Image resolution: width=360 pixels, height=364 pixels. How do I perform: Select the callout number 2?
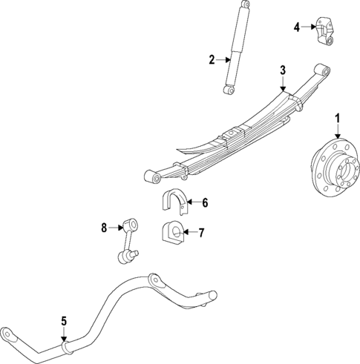(x=212, y=60)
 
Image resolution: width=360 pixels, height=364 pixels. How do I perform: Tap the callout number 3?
(x=282, y=70)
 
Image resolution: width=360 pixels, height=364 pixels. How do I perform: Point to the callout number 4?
(x=296, y=27)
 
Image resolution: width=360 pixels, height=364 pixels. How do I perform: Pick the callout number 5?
(x=64, y=321)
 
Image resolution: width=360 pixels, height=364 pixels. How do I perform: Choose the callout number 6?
(x=205, y=202)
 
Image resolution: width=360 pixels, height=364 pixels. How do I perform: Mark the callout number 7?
(x=201, y=233)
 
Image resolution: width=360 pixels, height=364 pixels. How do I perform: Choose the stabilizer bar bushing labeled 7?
(x=171, y=234)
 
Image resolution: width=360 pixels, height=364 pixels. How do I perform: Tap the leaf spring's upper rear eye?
(x=321, y=70)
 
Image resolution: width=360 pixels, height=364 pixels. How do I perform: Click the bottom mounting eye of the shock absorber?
(x=228, y=90)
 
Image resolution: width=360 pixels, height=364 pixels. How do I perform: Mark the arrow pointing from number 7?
(x=190, y=233)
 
